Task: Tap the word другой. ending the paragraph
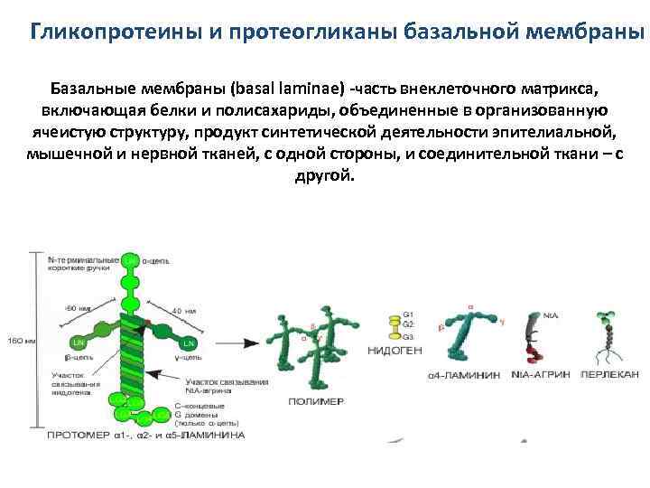pyautogui.click(x=325, y=174)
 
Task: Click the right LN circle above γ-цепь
pyautogui.click(x=189, y=343)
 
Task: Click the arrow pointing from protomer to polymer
pyautogui.click(x=234, y=343)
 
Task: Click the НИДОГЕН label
pyautogui.click(x=395, y=350)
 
